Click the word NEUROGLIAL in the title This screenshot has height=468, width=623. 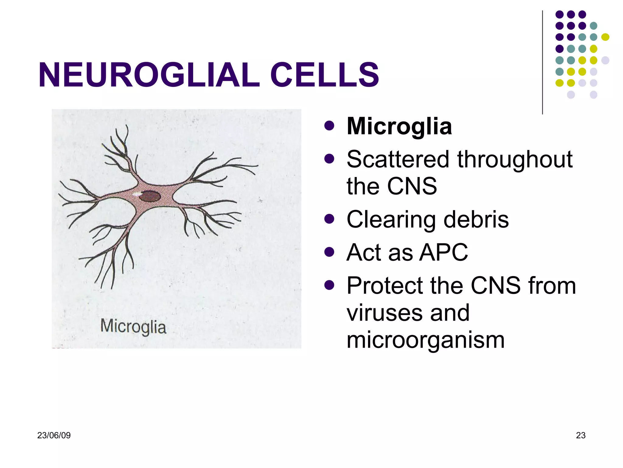click(149, 75)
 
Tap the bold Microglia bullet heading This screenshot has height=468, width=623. click(399, 126)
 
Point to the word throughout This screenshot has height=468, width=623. click(515, 160)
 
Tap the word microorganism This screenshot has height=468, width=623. click(426, 340)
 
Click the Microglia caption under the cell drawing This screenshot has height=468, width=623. click(133, 327)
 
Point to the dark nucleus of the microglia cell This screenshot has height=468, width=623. click(150, 196)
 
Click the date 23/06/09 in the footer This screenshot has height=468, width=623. click(54, 435)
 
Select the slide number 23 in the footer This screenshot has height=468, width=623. click(580, 435)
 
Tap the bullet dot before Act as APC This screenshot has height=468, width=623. click(329, 252)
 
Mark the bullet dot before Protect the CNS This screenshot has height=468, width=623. click(329, 285)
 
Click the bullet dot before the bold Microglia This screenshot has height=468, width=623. click(329, 126)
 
